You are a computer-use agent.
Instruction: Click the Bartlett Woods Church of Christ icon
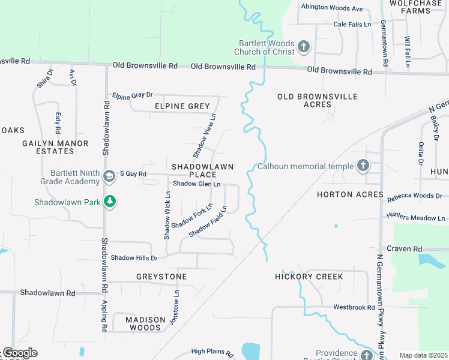pyautogui.click(x=304, y=46)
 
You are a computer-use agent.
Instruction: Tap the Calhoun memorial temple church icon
pyautogui.click(x=363, y=166)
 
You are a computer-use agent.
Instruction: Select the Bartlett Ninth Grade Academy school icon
pyautogui.click(x=109, y=176)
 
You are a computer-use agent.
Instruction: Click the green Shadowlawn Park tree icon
pyautogui.click(x=109, y=202)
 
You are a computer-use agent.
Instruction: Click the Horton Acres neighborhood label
pyautogui.click(x=351, y=194)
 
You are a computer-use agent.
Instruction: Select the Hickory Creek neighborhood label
pyautogui.click(x=309, y=277)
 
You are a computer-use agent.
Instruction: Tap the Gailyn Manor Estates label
pyautogui.click(x=55, y=147)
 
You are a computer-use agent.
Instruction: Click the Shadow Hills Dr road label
pyautogui.click(x=133, y=257)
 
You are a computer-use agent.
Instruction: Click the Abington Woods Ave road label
pyautogui.click(x=332, y=8)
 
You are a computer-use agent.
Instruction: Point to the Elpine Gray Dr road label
pyautogui.click(x=133, y=95)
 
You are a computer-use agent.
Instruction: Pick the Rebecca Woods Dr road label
pyautogui.click(x=414, y=196)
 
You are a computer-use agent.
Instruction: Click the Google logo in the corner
pyautogui.click(x=19, y=353)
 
